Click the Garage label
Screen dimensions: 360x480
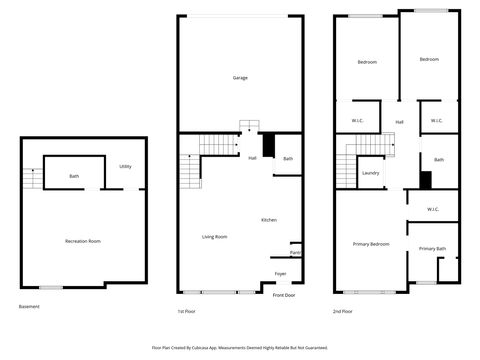point(240,77)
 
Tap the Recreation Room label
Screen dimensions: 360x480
point(83,241)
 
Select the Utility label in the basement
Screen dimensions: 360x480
point(125,166)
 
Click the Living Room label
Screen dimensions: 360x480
point(214,236)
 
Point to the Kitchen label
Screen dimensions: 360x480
point(269,220)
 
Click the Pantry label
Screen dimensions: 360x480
point(296,252)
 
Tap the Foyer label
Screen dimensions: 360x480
point(280,273)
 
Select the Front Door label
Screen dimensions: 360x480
point(284,295)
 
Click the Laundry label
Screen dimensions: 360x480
point(370,173)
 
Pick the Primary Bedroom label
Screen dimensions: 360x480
point(371,244)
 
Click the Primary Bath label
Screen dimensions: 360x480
point(432,248)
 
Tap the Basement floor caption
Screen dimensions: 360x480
point(30,306)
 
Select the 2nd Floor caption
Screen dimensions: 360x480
point(343,311)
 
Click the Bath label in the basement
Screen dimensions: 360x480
point(74,177)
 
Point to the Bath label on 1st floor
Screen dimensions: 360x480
point(288,158)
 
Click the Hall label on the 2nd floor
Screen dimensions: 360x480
point(399,122)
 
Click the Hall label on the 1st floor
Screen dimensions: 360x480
point(252,158)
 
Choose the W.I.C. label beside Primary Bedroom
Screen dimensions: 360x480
point(432,209)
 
